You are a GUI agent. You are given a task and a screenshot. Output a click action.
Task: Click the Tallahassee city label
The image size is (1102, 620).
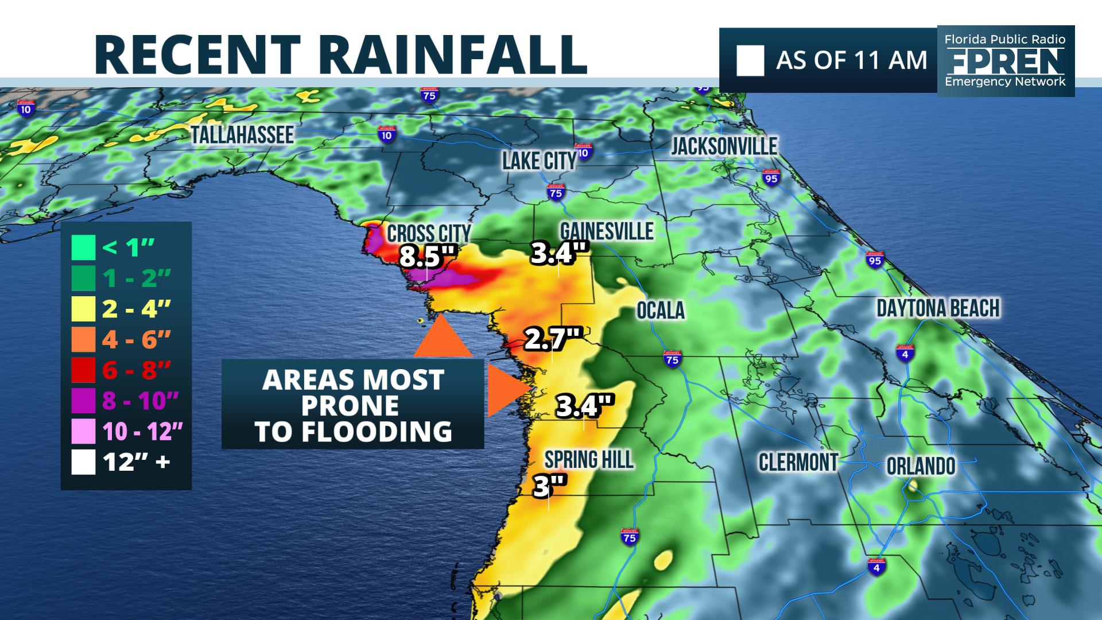point(242,135)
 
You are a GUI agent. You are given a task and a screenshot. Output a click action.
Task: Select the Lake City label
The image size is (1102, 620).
point(539,161)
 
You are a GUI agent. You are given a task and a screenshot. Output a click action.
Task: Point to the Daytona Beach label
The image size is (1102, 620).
point(938,308)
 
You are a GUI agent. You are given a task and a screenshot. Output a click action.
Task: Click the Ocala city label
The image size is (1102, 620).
point(661,311)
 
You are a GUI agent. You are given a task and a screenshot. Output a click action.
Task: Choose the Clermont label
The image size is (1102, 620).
point(798,462)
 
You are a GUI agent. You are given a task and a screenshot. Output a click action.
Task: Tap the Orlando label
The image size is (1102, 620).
point(920,466)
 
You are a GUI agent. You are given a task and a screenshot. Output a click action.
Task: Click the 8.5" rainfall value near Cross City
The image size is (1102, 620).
point(422,257)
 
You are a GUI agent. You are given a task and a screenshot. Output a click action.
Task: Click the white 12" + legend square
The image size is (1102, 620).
point(83,463)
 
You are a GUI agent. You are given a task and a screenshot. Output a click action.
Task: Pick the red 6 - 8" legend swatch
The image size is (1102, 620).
point(83,370)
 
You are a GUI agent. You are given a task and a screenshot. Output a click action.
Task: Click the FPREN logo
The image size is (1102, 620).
point(1005,60)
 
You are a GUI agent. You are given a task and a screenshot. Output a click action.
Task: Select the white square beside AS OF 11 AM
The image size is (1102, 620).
point(750,60)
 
